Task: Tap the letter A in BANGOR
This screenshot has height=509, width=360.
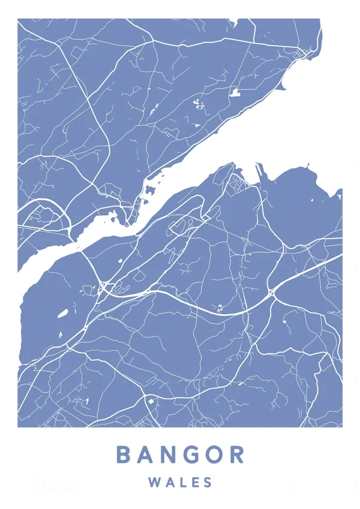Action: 147,454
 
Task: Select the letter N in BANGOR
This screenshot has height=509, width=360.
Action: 171,454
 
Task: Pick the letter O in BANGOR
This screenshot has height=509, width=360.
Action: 216,454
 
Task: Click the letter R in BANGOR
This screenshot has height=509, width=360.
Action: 238,454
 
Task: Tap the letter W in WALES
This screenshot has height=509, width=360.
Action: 153,482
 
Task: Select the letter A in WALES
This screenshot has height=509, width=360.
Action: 167,482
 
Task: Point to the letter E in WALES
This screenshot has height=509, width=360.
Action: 194,482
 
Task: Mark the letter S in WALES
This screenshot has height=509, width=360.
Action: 208,482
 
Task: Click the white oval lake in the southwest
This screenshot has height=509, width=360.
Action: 62,313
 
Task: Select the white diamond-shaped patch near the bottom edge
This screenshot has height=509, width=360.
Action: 151,400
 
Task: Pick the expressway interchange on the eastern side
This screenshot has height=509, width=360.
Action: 272,293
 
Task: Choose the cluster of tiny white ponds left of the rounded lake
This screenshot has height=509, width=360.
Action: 199,104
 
